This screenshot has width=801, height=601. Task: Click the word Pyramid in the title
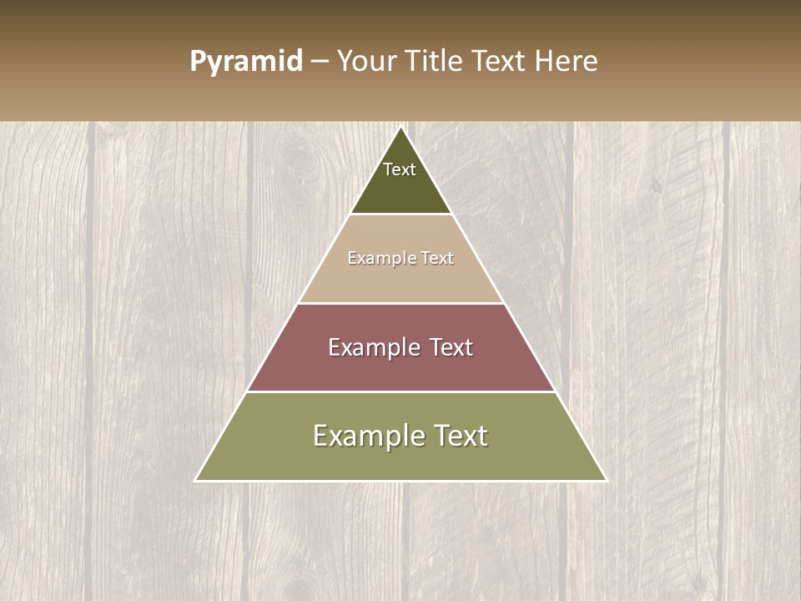246,62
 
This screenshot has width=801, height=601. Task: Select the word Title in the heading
436,61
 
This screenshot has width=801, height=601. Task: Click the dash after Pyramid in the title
320,62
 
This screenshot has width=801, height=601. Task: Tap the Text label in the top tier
400,169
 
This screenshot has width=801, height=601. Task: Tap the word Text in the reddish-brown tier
446,347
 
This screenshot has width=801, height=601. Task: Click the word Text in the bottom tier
456,436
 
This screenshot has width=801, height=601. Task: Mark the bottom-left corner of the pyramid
196,480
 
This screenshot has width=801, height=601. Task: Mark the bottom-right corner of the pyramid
606,480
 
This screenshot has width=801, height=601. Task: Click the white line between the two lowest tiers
400,391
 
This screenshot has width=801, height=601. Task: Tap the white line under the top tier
400,215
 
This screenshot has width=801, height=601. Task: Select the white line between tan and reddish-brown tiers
400,303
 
